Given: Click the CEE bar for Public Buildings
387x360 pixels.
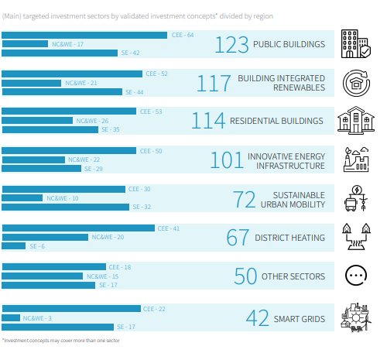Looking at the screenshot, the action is [x=84, y=35].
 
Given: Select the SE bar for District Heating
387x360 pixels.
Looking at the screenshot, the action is [x=14, y=246].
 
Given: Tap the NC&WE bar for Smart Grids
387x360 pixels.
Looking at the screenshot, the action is [x=11, y=318].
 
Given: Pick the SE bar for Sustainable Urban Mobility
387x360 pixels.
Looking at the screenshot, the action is [x=65, y=207].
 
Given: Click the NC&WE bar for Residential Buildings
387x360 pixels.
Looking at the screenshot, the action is [x=37, y=121].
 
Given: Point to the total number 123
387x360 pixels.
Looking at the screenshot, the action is [x=232, y=45].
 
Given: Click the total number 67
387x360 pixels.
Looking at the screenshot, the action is [x=238, y=238].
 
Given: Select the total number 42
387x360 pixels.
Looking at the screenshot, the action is [x=257, y=318].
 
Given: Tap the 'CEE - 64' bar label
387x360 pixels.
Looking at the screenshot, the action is [x=183, y=35].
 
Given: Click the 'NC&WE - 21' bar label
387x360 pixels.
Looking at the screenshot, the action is [x=81, y=83].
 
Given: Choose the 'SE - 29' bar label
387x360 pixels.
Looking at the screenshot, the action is [x=94, y=169].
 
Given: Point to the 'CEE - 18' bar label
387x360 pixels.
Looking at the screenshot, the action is [x=120, y=267].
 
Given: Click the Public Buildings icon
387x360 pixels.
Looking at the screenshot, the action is [x=356, y=43].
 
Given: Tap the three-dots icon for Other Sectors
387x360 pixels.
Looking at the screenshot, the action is [x=356, y=276].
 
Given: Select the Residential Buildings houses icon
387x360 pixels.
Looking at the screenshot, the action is [x=356, y=120].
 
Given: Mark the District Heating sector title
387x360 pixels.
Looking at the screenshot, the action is [x=289, y=238].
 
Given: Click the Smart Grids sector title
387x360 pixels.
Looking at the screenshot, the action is [x=300, y=319].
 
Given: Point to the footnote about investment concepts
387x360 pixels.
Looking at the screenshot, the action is [x=61, y=341].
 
